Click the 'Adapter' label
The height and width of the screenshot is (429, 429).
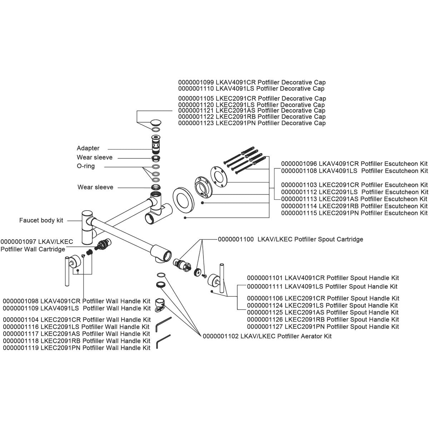[88, 148]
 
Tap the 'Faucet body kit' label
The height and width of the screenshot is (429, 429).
[41, 221]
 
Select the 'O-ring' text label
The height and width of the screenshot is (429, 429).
[86, 166]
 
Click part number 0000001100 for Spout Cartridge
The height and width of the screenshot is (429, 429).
[236, 239]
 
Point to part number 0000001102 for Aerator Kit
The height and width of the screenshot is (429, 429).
[221, 336]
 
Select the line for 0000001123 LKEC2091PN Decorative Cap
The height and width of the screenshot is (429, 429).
[252, 123]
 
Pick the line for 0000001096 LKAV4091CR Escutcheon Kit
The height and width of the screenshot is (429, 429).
[354, 164]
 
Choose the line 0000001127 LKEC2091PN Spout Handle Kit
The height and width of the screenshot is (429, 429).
[323, 327]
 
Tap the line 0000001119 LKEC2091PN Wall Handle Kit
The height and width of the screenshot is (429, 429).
[77, 348]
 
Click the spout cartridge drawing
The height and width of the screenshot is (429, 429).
[182, 265]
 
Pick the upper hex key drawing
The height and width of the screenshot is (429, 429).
[163, 324]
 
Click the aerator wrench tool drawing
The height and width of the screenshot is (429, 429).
[160, 305]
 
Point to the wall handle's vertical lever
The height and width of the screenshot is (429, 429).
[67, 271]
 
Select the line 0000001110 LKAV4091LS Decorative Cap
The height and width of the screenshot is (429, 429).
[251, 89]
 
